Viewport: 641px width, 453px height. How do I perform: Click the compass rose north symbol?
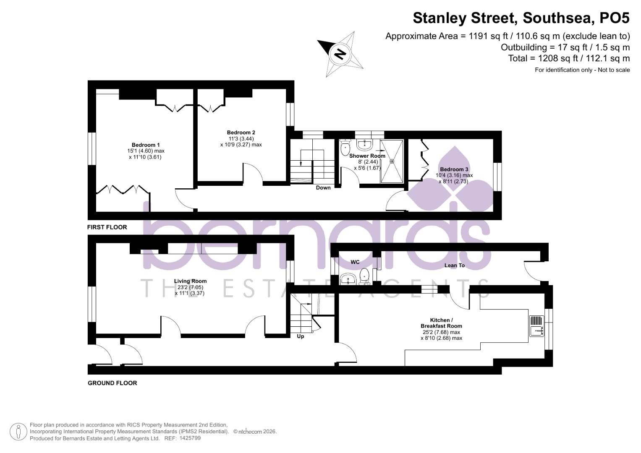click(340, 54)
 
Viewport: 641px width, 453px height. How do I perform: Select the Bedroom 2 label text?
click(241, 133)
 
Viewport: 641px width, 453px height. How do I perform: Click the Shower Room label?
click(367, 156)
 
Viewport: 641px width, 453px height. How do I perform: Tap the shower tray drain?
click(392, 161)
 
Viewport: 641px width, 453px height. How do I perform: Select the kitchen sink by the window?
click(536, 326)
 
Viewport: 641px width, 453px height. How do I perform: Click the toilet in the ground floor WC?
click(364, 276)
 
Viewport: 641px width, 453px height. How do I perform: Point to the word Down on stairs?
click(323, 187)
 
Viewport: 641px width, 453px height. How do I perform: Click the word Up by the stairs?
click(301, 336)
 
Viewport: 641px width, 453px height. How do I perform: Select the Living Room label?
click(190, 281)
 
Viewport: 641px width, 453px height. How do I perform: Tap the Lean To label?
click(455, 265)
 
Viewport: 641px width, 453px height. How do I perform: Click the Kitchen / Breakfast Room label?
click(441, 323)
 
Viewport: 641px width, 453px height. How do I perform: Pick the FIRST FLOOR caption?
click(107, 227)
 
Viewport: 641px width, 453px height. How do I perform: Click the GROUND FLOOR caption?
click(112, 383)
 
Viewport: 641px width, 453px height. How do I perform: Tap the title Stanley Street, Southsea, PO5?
click(521, 18)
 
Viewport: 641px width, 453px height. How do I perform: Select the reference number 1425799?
click(190, 438)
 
